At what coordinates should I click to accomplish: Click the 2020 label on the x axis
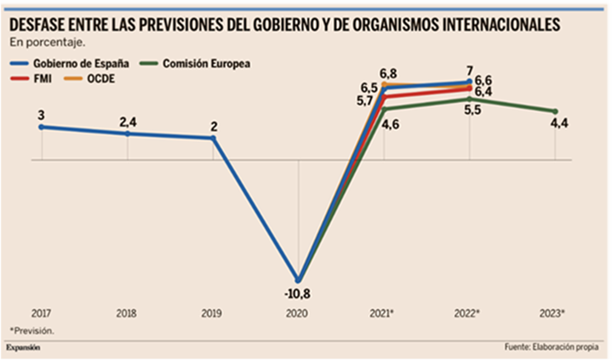click(x=297, y=312)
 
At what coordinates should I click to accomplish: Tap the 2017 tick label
click(x=41, y=312)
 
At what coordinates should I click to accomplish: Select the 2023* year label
click(x=554, y=312)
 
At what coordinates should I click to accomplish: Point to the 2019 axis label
click(x=212, y=312)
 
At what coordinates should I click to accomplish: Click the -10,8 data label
click(x=297, y=294)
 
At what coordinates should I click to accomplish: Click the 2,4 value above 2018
click(x=129, y=120)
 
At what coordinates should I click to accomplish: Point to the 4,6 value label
click(x=391, y=124)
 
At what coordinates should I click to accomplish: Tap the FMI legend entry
click(x=43, y=78)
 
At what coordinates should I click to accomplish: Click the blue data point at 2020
click(x=298, y=279)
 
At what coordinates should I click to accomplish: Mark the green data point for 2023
click(x=555, y=111)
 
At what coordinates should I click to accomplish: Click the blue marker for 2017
click(x=41, y=127)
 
